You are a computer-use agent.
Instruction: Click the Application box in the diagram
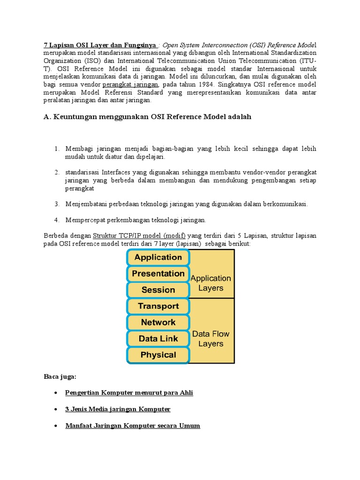tap(157, 257)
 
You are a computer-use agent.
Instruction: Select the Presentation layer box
tap(157, 274)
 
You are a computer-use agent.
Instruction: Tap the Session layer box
tap(157, 290)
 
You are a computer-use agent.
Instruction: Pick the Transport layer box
tap(157, 306)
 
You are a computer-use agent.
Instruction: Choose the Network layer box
tap(157, 322)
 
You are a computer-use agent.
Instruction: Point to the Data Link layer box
tap(157, 338)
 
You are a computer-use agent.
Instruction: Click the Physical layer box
tap(157, 355)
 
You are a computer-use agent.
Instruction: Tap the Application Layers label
tap(210, 283)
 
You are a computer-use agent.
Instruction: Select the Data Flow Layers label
tap(210, 338)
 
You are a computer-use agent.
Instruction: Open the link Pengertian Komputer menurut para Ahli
tap(129, 393)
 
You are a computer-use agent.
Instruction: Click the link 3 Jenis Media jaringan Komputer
tap(118, 409)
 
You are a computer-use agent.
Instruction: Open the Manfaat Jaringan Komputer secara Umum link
tap(133, 426)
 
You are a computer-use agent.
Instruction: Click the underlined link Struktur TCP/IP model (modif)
tap(139, 235)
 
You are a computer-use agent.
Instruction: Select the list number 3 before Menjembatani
tap(56, 204)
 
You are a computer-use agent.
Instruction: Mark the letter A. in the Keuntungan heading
tap(47, 117)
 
